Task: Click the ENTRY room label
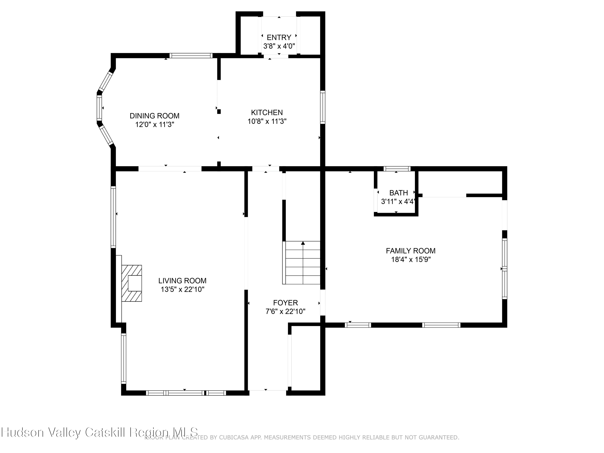coord(279,37)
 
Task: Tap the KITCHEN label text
coord(267,113)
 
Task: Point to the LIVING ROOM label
coord(182,281)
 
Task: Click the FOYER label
coord(285,303)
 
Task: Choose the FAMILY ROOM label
coord(410,251)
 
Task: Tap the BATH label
coord(398,193)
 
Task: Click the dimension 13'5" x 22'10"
coord(182,290)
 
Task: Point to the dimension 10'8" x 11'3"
coord(267,121)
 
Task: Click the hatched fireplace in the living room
coord(132,283)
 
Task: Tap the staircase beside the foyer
coord(302,263)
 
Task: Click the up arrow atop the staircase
coord(303,243)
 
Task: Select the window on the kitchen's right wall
coord(323,107)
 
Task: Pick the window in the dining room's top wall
coord(191,55)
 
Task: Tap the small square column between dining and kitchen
coord(219,111)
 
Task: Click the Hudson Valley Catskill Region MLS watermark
coord(100,432)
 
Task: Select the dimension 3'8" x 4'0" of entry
coord(279,46)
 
